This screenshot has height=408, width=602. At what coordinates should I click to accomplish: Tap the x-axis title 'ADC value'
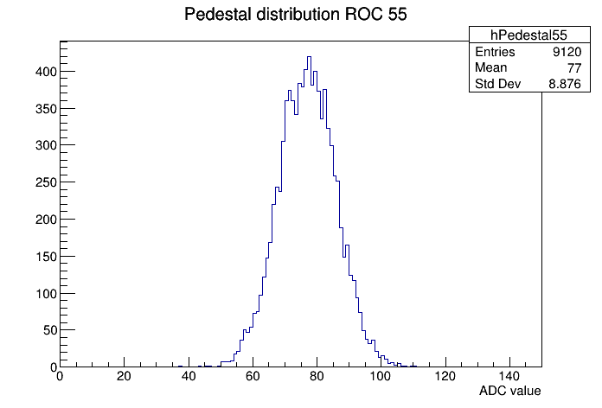click(x=509, y=391)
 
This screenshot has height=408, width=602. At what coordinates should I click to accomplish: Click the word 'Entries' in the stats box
click(x=495, y=52)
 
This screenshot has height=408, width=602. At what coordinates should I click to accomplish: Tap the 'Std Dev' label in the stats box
click(x=499, y=84)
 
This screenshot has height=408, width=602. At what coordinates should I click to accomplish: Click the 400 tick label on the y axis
click(x=42, y=71)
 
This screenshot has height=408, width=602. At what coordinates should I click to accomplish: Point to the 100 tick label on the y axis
click(x=42, y=293)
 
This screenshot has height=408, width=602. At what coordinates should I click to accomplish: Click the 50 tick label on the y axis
click(x=46, y=330)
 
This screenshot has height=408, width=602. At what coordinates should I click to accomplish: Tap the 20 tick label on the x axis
click(x=124, y=377)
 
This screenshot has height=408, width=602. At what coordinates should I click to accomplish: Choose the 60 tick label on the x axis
click(x=253, y=377)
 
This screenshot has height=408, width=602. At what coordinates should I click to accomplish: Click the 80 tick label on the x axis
click(x=317, y=377)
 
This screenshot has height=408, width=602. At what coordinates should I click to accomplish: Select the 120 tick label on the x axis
click(x=445, y=377)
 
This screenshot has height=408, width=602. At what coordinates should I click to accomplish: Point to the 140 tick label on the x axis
click(x=509, y=377)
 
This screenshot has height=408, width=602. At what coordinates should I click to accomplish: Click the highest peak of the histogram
click(x=309, y=57)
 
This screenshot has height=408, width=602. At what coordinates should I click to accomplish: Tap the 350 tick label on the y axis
click(x=42, y=108)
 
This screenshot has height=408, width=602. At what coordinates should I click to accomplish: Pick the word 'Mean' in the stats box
click(x=490, y=68)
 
